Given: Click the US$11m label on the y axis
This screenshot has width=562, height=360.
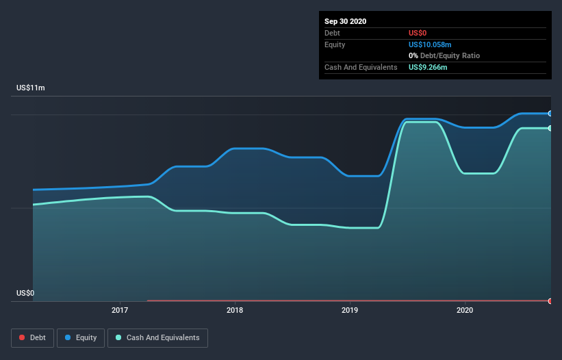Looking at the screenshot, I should [31, 88].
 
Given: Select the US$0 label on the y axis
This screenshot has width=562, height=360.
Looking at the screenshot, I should [25, 293].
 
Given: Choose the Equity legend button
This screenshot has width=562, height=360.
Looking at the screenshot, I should [81, 337].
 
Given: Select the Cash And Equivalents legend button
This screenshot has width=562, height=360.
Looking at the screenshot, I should [157, 337].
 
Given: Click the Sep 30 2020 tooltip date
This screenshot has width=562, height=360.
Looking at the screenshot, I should [346, 21].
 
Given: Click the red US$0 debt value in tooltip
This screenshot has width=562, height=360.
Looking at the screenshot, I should [418, 33].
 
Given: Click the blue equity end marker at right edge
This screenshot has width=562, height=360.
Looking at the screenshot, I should [550, 114].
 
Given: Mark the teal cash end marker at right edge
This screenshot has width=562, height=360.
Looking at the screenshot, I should [550, 128].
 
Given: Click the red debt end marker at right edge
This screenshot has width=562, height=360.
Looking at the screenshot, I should [550, 301].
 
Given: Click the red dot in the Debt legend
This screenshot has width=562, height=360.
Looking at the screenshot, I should [22, 337].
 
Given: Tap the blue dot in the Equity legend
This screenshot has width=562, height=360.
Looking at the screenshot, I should [68, 337].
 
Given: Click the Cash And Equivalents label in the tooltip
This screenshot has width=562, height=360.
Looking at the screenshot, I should [361, 67].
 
